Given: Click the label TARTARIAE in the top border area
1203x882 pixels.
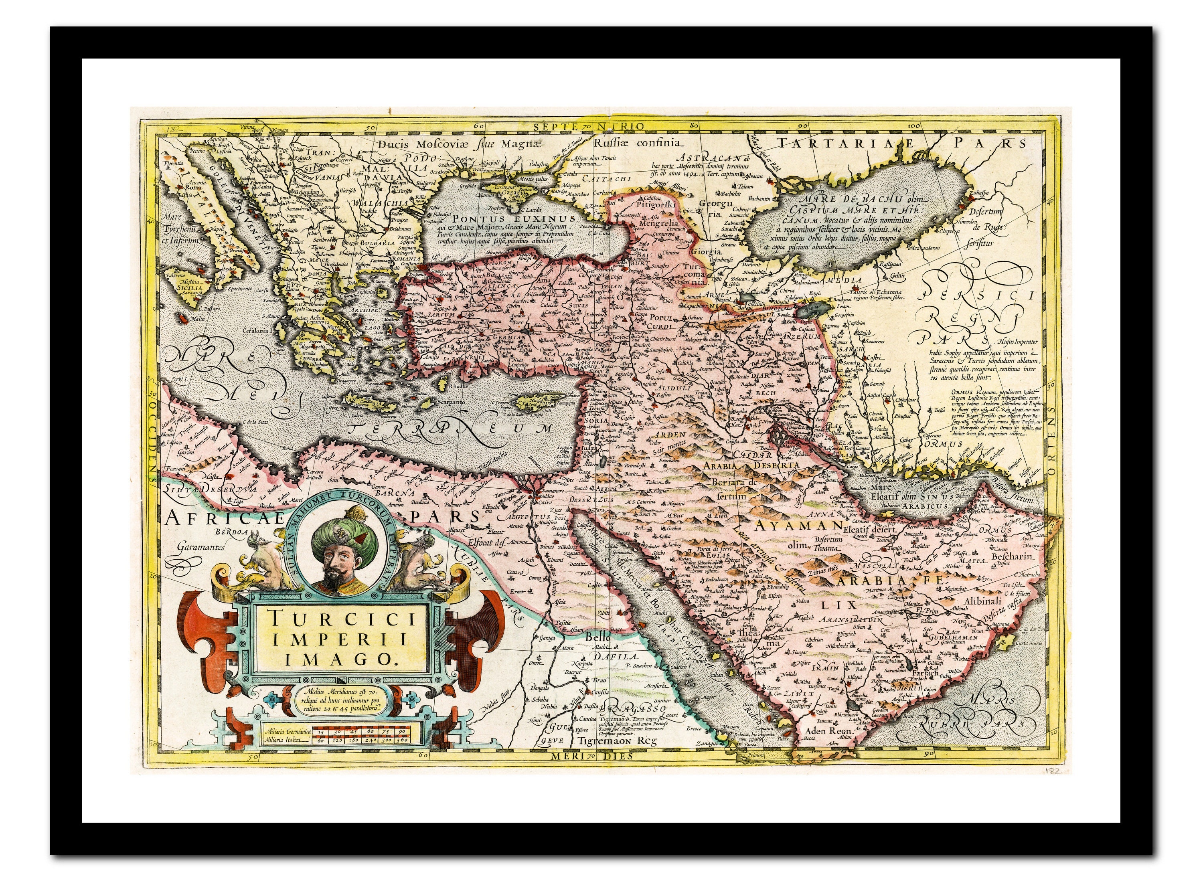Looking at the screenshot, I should click(x=854, y=143).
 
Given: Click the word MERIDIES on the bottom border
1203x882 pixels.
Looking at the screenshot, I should click(x=587, y=757).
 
